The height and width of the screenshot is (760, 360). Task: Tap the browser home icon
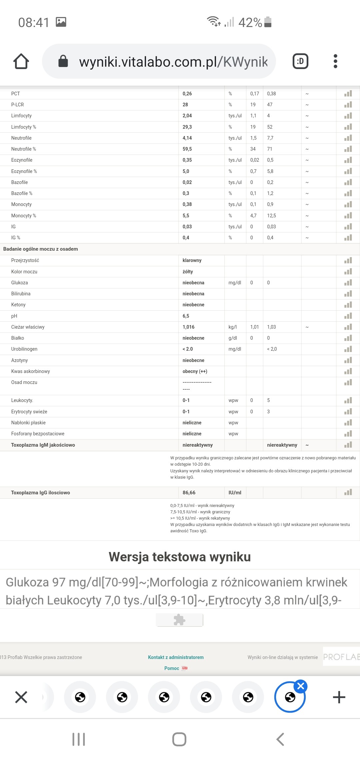(21, 61)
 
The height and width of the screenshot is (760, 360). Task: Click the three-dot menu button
(335, 61)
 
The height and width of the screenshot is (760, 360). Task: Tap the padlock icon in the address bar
(63, 61)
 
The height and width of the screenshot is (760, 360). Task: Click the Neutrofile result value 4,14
(187, 138)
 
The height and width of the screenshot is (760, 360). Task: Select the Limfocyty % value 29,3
(187, 127)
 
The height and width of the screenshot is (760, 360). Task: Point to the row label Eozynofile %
(24, 171)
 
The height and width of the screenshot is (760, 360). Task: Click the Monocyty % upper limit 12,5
(271, 216)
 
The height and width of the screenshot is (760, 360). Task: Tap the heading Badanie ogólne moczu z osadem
(41, 249)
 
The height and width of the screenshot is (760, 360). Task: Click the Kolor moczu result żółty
(188, 272)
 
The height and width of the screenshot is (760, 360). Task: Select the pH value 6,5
(186, 316)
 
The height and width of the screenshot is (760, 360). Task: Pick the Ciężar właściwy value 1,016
(189, 327)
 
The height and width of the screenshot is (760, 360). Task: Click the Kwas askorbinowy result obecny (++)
(195, 371)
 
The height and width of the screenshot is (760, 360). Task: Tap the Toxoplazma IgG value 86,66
(189, 493)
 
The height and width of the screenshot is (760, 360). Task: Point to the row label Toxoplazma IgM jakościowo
(43, 445)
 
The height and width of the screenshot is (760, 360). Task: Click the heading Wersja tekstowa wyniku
(180, 557)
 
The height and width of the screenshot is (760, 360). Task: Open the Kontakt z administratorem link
(176, 657)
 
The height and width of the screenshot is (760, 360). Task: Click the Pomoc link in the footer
(172, 668)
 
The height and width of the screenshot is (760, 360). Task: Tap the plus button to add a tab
(339, 697)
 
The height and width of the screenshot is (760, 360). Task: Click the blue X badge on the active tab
(301, 686)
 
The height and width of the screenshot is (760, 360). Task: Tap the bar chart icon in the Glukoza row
(348, 283)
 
